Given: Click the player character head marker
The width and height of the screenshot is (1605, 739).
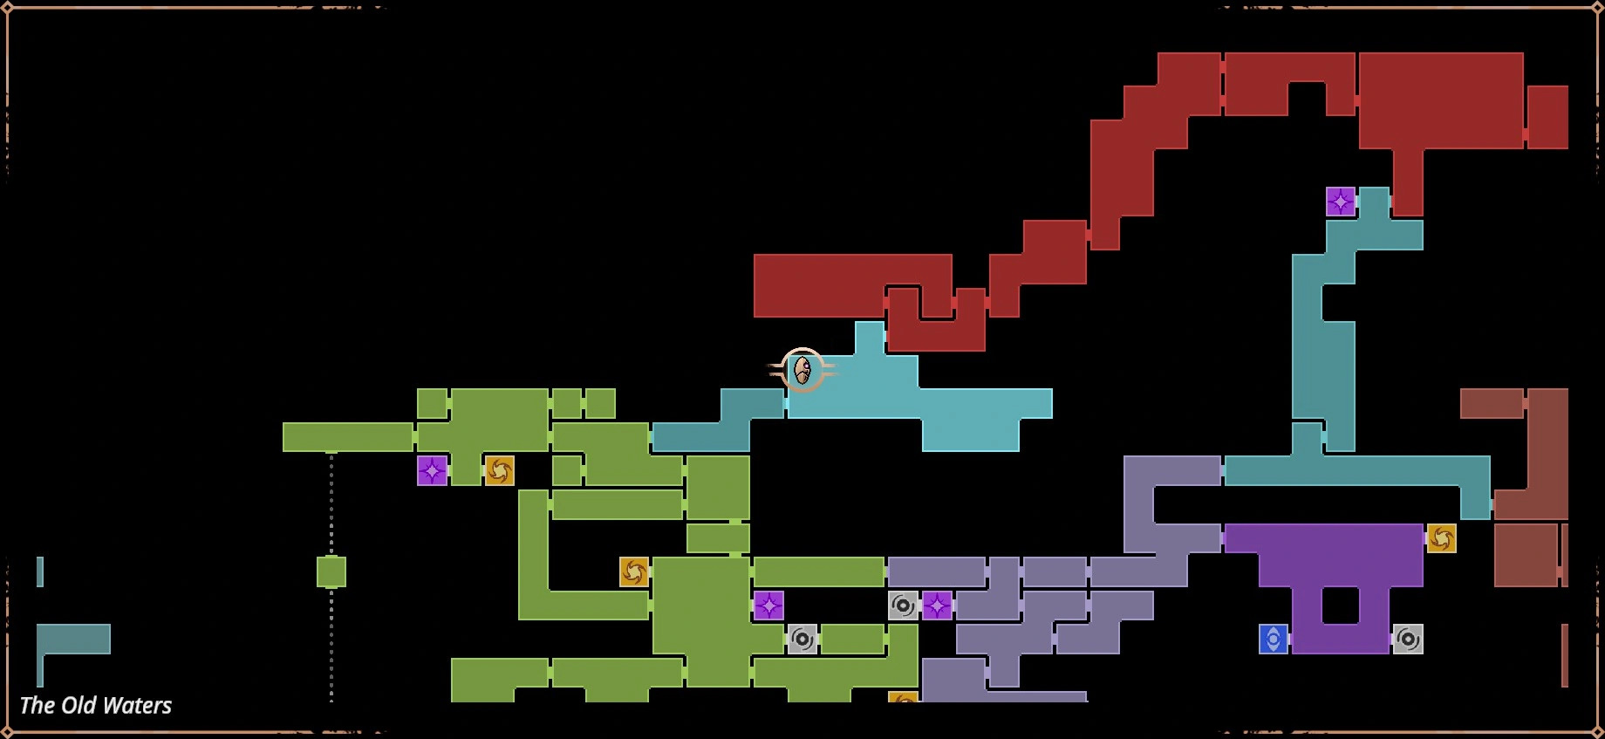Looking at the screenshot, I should tap(802, 371).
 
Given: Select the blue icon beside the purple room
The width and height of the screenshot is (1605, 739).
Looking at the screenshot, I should tap(1274, 640).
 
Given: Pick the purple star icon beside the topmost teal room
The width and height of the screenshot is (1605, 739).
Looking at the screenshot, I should tap(1341, 202).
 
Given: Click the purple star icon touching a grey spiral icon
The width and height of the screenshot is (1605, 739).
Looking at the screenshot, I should tap(937, 606).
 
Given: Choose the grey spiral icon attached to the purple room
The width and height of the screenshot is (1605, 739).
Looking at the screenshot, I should tap(1408, 640).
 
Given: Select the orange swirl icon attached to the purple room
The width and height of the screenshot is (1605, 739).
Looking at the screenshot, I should tap(1441, 538).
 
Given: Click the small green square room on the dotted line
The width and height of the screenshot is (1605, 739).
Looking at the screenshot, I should tap(331, 572).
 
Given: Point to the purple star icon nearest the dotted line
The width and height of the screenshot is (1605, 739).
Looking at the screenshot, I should tap(432, 471).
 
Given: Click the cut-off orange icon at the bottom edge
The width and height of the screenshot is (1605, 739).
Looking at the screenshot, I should tap(904, 698).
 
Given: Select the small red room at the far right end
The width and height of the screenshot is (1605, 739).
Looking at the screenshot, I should tap(1547, 117).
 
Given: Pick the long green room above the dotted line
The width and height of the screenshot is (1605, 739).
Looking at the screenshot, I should tap(347, 437).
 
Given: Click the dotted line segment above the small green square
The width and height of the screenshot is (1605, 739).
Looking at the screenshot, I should tap(331, 506).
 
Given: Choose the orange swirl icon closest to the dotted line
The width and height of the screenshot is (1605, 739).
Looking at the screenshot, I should tap(499, 471).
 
